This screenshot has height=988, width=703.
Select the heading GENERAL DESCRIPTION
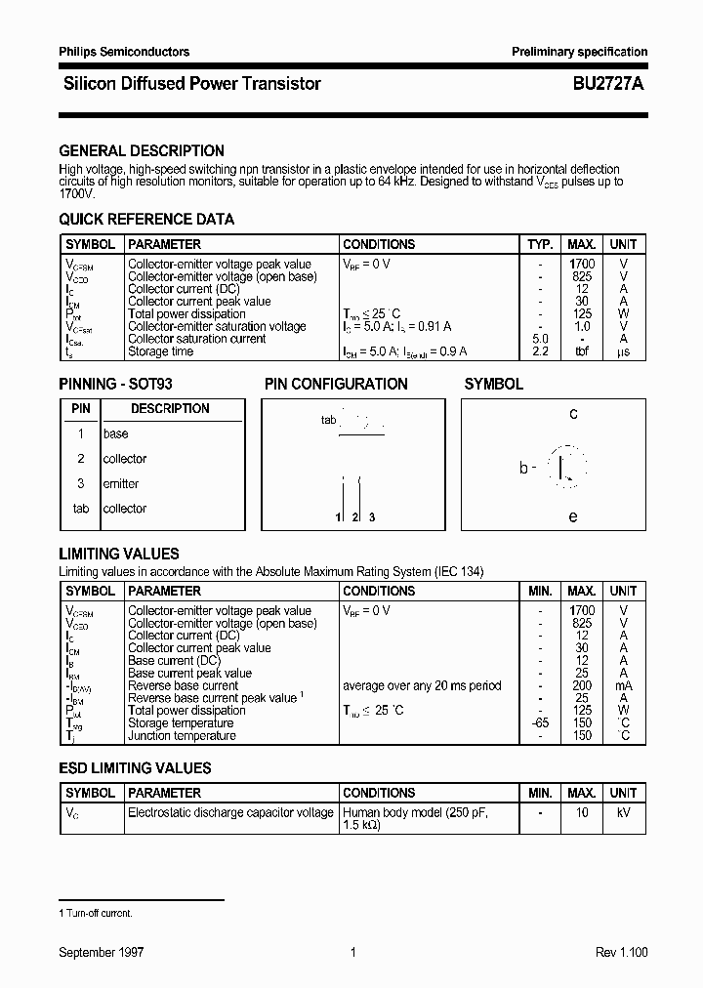(142, 151)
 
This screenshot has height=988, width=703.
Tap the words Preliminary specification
(580, 52)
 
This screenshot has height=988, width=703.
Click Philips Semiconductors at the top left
(124, 52)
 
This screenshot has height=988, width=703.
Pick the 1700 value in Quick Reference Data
(582, 265)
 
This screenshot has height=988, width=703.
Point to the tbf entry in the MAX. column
(582, 352)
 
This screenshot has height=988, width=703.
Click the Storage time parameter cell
(161, 352)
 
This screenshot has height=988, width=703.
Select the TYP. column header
(540, 244)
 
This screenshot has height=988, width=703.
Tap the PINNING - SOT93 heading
(115, 385)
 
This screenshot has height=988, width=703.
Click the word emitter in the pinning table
(121, 484)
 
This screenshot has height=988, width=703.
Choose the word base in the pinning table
(115, 434)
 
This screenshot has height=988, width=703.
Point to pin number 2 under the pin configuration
(355, 516)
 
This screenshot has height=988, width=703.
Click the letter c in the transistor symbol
(573, 414)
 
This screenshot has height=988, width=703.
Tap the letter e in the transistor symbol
(573, 516)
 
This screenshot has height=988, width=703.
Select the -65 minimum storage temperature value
(539, 723)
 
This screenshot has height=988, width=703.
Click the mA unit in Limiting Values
(623, 686)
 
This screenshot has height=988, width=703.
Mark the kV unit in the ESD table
(623, 812)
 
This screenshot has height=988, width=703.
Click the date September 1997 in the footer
(102, 953)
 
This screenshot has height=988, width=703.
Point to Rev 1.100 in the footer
(621, 953)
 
